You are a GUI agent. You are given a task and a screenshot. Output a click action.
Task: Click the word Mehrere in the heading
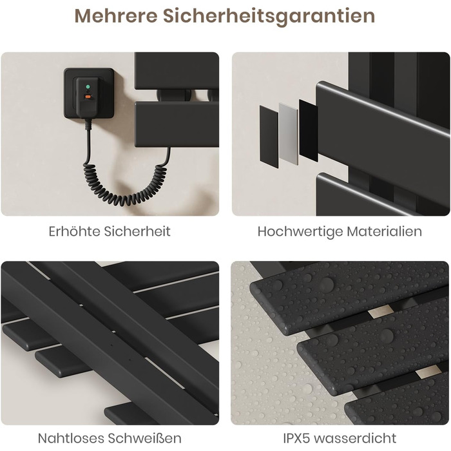pyautogui.click(x=116, y=16)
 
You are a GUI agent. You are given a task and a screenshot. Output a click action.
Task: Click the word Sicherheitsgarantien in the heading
pyautogui.click(x=269, y=16)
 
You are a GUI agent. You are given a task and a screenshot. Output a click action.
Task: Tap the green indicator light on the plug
pyautogui.click(x=88, y=86)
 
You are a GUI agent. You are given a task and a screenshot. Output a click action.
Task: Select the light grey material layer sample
pyautogui.click(x=289, y=134)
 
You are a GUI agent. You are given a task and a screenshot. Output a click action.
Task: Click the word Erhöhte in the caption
pyautogui.click(x=74, y=231)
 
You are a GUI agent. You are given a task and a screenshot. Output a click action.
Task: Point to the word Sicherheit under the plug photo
pyautogui.click(x=137, y=231)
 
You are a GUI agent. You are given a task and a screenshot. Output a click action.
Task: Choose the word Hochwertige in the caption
pyautogui.click(x=300, y=231)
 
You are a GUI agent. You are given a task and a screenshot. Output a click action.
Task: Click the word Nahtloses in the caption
pyautogui.click(x=71, y=438)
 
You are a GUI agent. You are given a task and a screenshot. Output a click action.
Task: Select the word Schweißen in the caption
pyautogui.click(x=145, y=438)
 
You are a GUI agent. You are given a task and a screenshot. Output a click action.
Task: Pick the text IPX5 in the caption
pyautogui.click(x=296, y=438)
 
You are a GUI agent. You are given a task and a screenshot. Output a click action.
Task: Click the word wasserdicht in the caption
pyautogui.click(x=355, y=438)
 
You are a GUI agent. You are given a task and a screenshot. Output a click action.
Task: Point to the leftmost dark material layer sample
pyautogui.click(x=269, y=137)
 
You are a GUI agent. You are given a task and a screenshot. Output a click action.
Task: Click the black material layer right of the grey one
pyautogui.click(x=309, y=131)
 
